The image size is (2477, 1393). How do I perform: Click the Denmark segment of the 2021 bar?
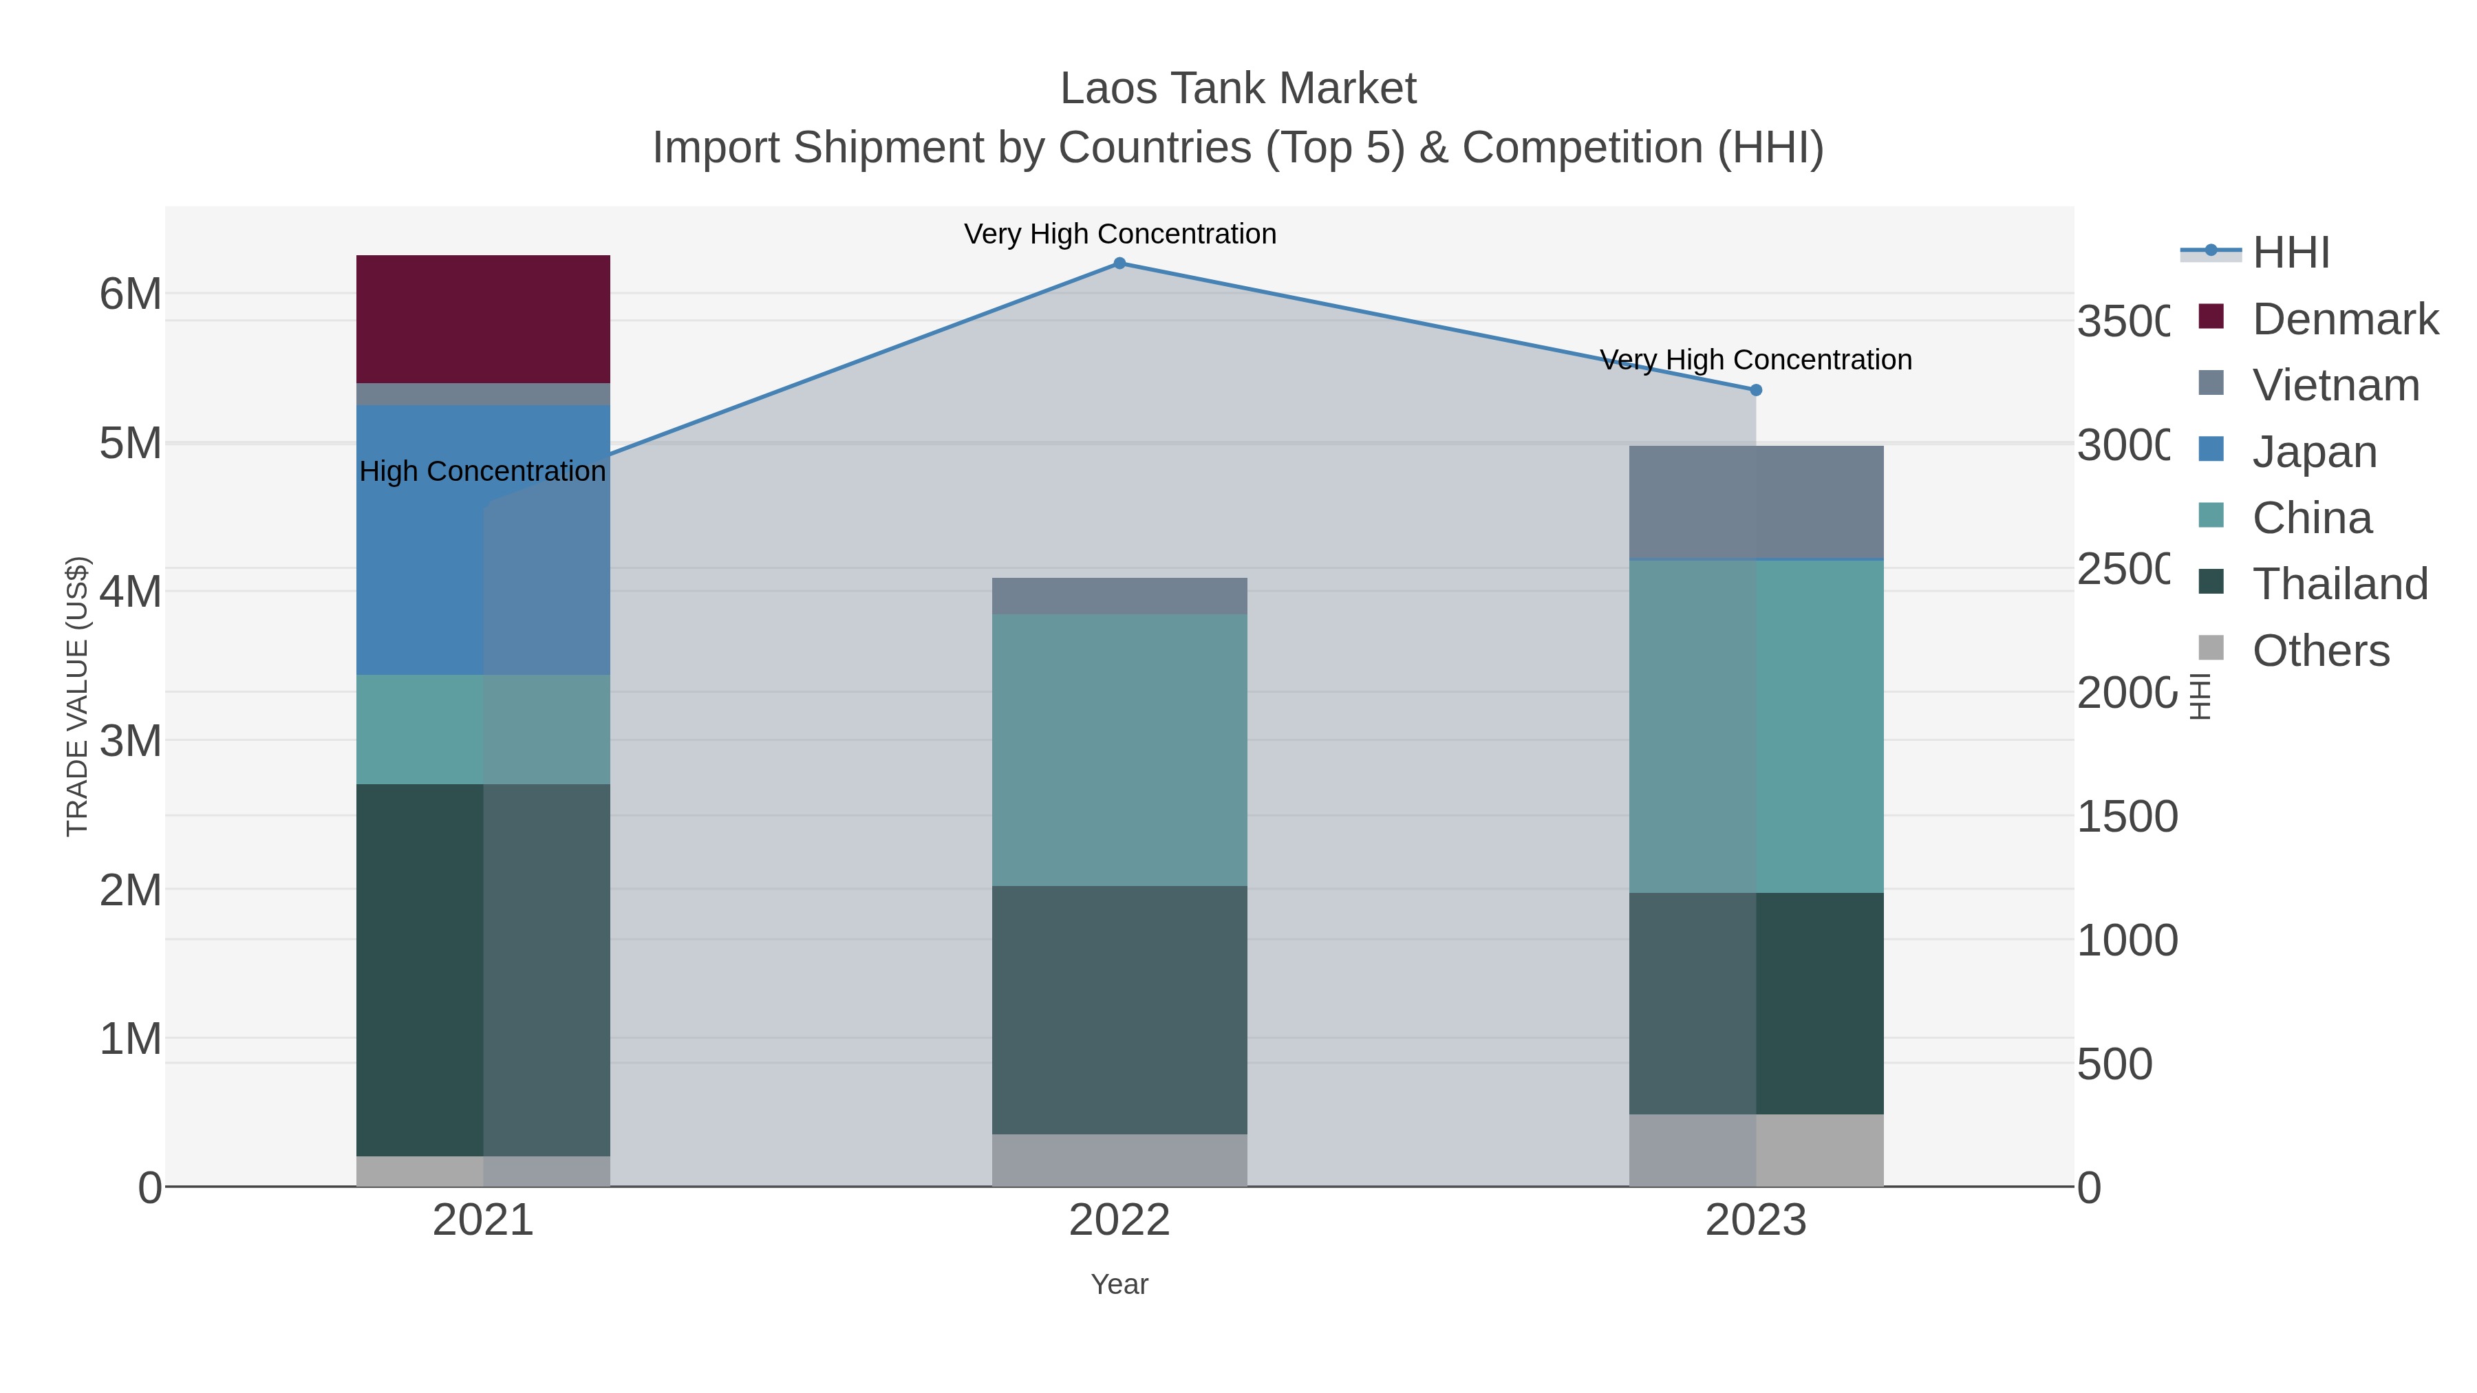click(x=483, y=319)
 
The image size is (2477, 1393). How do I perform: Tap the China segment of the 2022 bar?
click(x=1119, y=750)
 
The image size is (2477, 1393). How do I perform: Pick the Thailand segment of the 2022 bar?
click(x=1119, y=1009)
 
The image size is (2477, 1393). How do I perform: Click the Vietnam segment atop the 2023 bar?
click(x=1756, y=502)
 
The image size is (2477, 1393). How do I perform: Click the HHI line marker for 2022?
click(x=1119, y=263)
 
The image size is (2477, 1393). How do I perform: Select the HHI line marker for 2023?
click(x=1756, y=390)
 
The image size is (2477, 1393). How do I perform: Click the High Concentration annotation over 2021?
click(x=483, y=471)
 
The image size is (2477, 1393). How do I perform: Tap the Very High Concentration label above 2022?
click(x=1119, y=234)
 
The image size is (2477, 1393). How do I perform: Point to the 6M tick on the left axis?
click(x=131, y=294)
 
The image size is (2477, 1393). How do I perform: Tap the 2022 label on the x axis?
click(x=1119, y=1220)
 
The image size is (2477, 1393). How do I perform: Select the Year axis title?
click(x=1119, y=1284)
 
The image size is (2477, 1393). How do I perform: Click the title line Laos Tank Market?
click(x=1238, y=89)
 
